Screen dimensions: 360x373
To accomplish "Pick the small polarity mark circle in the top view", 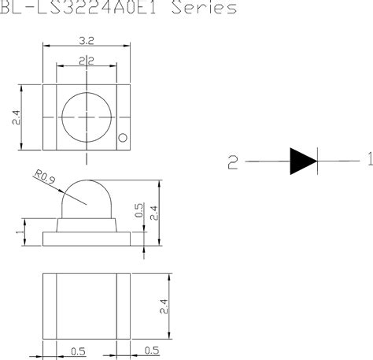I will [122, 139].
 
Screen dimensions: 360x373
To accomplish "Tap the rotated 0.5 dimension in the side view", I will [138, 211].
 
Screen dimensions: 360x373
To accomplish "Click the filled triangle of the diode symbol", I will [302, 161].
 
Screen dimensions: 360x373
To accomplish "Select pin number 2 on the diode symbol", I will [232, 162].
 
